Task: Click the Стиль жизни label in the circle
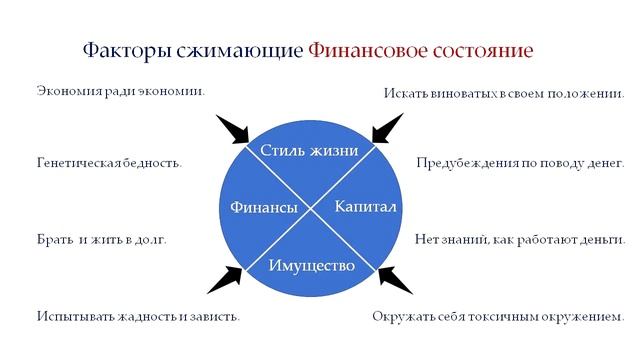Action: pos(308,150)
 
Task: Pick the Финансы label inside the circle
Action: pos(263,207)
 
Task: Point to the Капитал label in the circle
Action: pos(365,207)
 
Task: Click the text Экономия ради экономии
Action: pos(120,91)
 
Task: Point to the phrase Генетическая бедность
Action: pos(109,162)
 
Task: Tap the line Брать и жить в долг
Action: pos(101,240)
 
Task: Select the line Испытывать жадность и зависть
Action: pos(138,317)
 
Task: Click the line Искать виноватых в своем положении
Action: pos(504,93)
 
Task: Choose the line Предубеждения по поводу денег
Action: pos(519,162)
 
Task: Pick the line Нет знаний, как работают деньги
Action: pos(519,240)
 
